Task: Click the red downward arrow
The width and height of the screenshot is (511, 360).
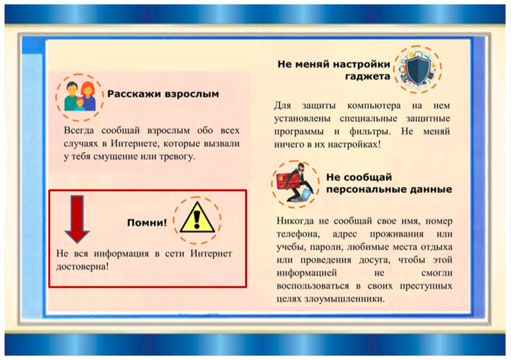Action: (x=78, y=219)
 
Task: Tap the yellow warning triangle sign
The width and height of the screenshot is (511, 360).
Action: (x=197, y=217)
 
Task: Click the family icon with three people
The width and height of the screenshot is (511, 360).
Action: (x=80, y=96)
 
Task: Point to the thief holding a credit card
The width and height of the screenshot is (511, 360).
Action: (x=295, y=184)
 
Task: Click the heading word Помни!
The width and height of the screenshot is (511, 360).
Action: (x=146, y=223)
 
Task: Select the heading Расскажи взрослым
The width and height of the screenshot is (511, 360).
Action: (x=163, y=94)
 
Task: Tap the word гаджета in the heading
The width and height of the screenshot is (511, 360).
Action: (x=368, y=77)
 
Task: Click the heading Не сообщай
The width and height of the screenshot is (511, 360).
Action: (x=359, y=177)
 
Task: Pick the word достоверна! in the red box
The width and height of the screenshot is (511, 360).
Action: (x=82, y=267)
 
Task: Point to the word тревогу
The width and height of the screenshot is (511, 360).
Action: (x=177, y=156)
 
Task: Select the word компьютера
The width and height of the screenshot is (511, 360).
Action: (x=374, y=105)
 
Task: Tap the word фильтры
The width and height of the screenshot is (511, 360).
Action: (x=370, y=131)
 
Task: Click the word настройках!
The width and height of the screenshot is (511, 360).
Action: (x=354, y=144)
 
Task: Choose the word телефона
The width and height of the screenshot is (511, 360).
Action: (x=298, y=234)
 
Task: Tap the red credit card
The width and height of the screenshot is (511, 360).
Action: (x=286, y=182)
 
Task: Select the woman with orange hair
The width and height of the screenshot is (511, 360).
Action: (x=88, y=95)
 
